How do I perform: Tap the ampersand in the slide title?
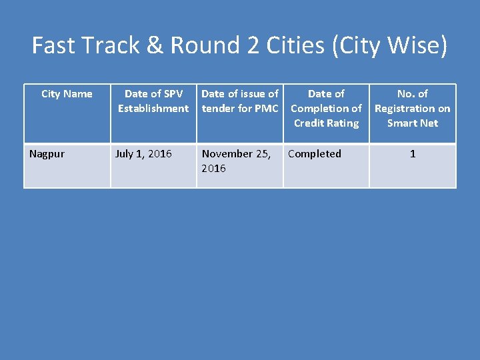click(154, 45)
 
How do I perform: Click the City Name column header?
click(67, 94)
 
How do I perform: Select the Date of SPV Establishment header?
click(153, 101)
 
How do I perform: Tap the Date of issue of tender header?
click(239, 101)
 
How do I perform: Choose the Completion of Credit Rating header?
click(326, 109)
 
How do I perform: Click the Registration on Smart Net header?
click(413, 109)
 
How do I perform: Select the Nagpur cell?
click(47, 154)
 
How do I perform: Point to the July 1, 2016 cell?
click(143, 154)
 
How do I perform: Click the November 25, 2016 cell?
click(236, 161)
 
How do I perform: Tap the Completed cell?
click(315, 154)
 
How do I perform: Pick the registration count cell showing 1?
click(413, 154)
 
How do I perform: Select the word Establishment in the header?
click(153, 109)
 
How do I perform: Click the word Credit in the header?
click(309, 123)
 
